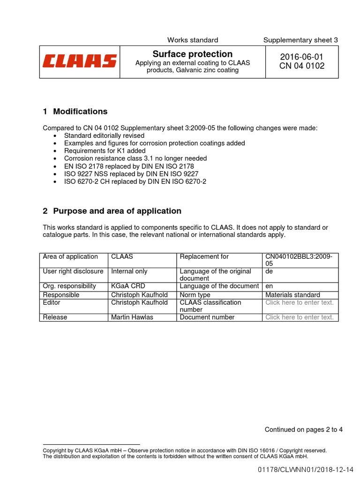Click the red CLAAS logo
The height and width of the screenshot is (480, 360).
[x=80, y=61]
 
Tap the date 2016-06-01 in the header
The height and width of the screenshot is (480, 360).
[x=301, y=57]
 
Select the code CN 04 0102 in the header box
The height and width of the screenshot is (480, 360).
[x=301, y=66]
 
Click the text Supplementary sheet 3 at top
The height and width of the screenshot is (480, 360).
[x=300, y=40]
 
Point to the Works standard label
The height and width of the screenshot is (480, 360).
[x=193, y=40]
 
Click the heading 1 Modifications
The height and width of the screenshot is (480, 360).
[x=75, y=112]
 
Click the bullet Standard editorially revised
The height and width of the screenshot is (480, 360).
[x=104, y=135]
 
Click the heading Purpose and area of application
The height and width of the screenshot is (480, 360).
[x=112, y=211]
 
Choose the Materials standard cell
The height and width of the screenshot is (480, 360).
[x=292, y=295]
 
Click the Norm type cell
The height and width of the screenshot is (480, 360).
[x=195, y=295]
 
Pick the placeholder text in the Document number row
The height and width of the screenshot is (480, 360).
[x=299, y=317]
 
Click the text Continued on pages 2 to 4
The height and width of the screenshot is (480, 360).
[x=303, y=416]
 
